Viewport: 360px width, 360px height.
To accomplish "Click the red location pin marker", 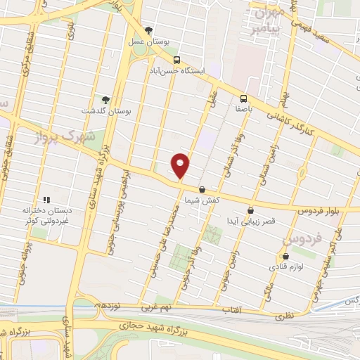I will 181,165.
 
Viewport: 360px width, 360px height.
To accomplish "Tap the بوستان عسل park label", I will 148,41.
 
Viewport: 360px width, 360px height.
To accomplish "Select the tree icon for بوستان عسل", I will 148,30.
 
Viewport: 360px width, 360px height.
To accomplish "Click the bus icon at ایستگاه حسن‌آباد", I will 177,60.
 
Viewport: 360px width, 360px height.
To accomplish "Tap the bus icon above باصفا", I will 243,98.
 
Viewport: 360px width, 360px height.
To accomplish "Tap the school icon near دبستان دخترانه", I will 46,199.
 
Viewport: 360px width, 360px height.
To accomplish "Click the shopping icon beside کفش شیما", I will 202,189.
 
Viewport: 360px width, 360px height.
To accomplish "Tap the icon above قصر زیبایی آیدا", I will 251,210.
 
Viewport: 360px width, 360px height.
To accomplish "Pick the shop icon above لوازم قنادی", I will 285,256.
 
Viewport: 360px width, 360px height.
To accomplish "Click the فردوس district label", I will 297,240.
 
